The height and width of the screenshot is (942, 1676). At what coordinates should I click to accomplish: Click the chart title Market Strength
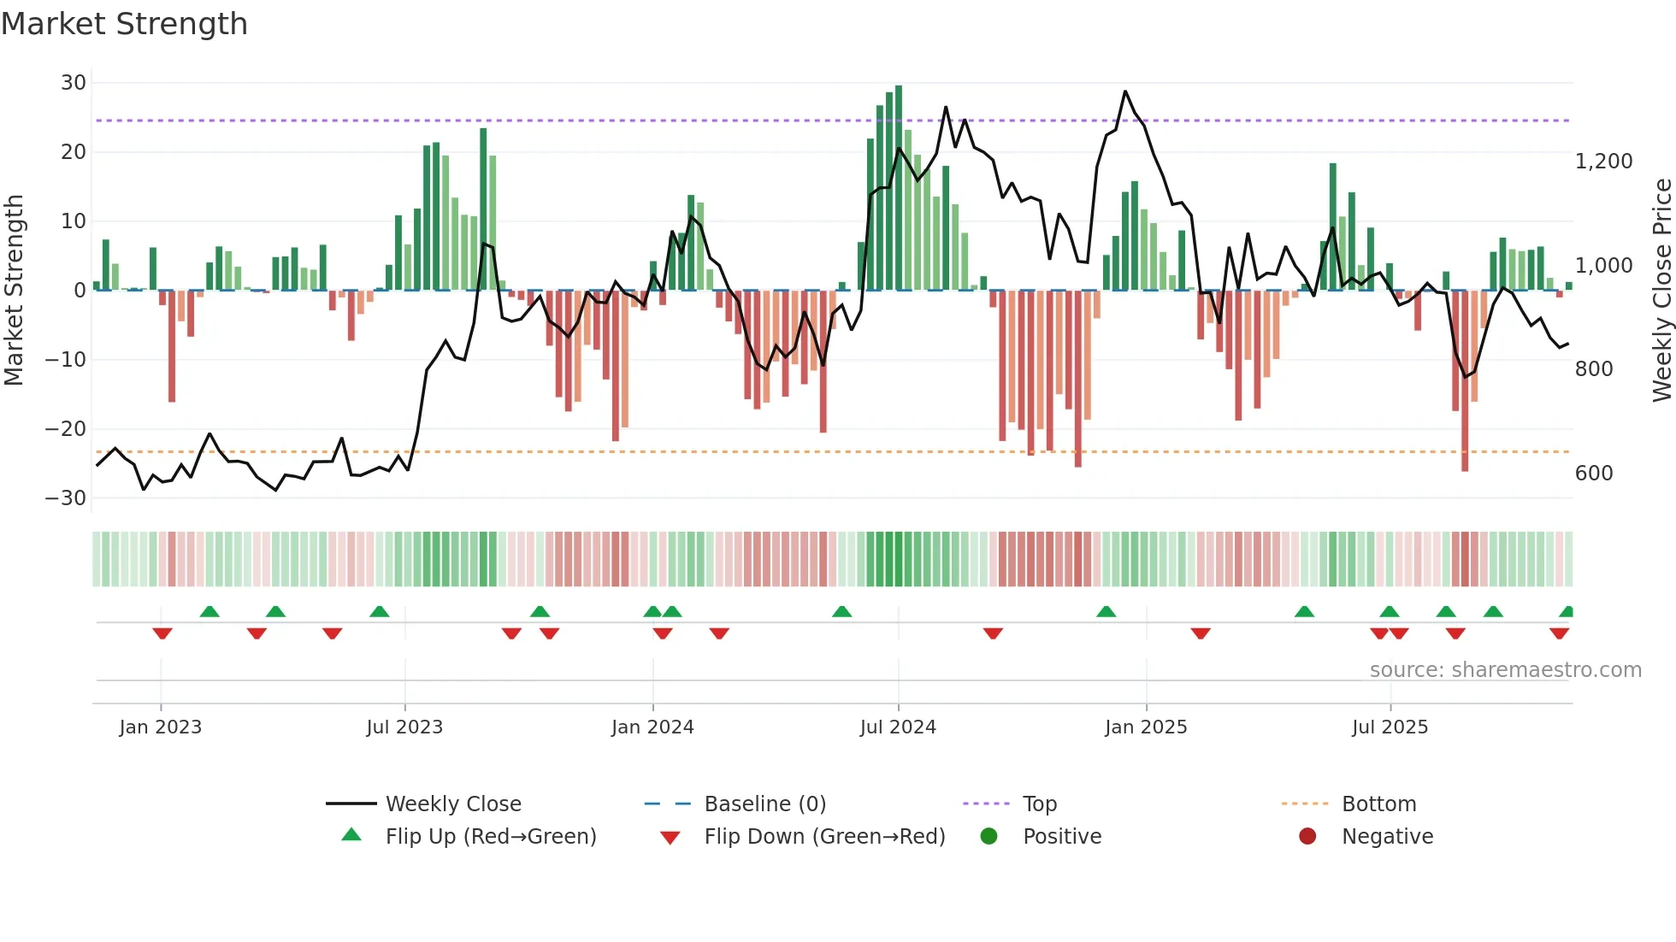coord(124,24)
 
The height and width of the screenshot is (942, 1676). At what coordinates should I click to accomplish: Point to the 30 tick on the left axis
coord(74,83)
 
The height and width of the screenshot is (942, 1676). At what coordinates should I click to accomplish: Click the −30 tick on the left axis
coord(66,497)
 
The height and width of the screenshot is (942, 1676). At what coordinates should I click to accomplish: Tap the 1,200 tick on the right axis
coord(1603,162)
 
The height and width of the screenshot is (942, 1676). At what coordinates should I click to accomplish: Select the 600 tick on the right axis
coord(1593,474)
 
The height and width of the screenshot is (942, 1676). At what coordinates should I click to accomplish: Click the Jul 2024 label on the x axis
coord(898,727)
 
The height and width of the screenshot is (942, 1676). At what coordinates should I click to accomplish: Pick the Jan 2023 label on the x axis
coord(161,727)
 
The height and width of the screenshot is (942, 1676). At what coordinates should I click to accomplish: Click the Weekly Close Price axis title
coord(1661,291)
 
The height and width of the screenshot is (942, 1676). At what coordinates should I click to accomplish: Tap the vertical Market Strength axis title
coord(15,291)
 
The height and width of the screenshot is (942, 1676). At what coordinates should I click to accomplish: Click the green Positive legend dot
coord(988,837)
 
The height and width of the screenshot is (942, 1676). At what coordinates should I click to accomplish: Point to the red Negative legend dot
coord(1307,837)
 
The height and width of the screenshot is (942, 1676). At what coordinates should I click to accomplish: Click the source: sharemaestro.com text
coord(1505,670)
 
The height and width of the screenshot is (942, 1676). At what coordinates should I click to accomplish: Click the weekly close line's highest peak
coord(1125,91)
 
